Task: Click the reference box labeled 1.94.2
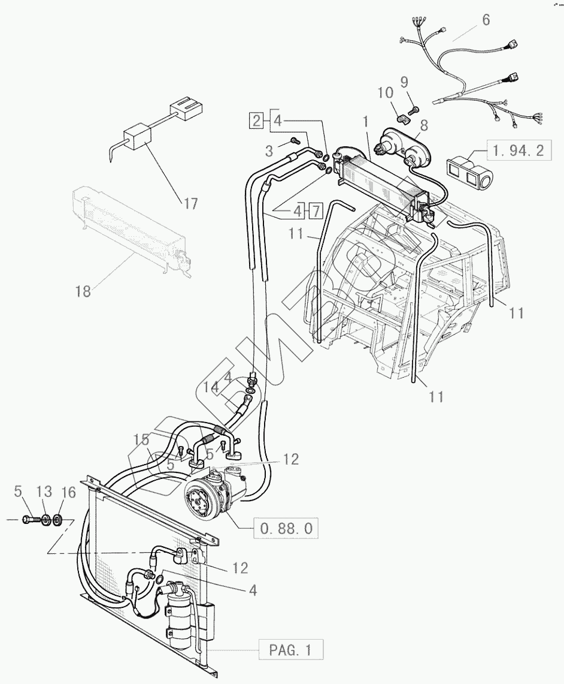click(518, 150)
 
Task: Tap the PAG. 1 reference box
click(291, 650)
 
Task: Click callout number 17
click(190, 204)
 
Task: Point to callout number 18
click(83, 291)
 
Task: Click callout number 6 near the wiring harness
click(485, 20)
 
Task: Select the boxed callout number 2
click(256, 121)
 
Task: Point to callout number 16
click(69, 492)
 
